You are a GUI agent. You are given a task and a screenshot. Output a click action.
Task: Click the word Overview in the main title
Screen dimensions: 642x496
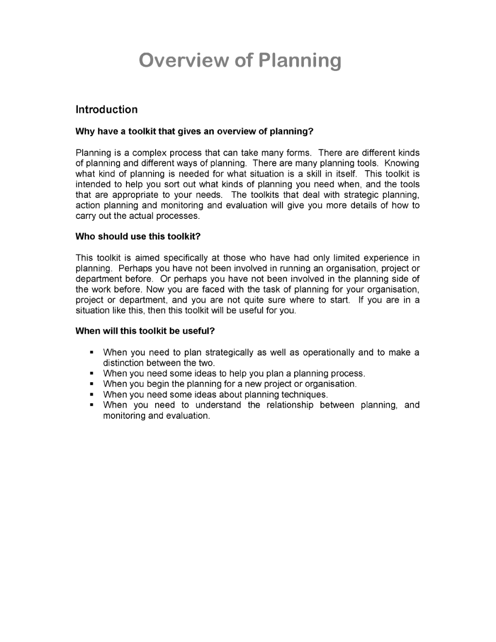coord(183,61)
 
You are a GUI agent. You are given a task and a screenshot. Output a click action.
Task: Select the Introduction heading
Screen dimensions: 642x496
coord(106,110)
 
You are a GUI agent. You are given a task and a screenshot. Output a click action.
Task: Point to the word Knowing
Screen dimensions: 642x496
coord(402,163)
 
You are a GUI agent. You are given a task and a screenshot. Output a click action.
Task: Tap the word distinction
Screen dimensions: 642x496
coord(123,363)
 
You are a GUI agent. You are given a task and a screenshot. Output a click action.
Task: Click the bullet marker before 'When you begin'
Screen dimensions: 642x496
coord(91,384)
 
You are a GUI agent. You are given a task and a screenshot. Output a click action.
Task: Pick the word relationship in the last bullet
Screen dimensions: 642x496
coord(290,405)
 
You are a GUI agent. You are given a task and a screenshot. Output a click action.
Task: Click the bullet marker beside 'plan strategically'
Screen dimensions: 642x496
coord(91,352)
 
